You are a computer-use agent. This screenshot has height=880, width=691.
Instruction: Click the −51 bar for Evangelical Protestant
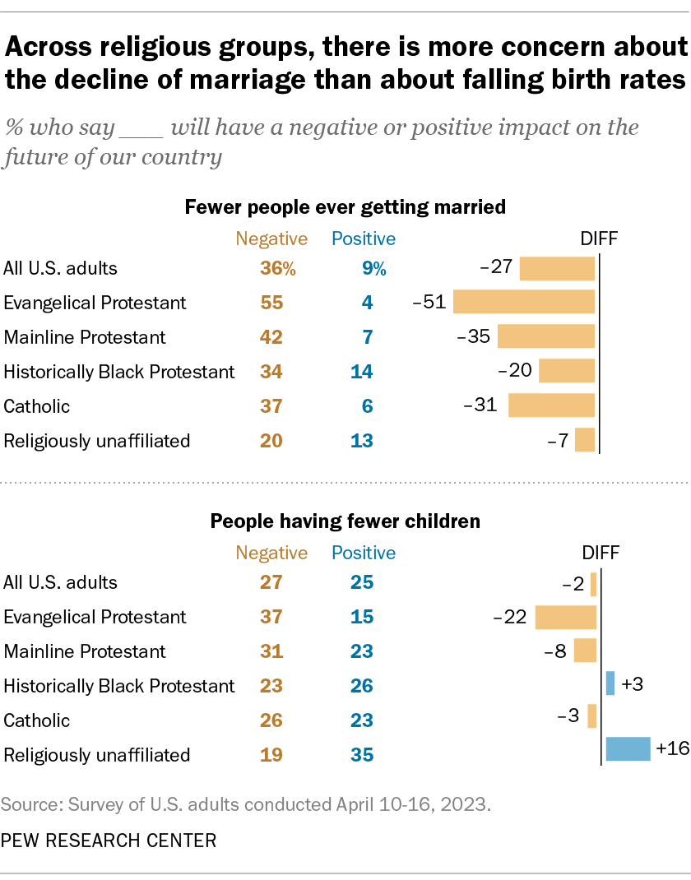click(x=523, y=302)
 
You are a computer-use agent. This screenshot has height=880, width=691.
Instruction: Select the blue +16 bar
click(x=628, y=748)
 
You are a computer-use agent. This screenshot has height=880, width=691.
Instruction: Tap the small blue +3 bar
click(x=610, y=683)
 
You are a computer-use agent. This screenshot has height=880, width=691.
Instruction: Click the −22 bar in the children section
click(x=565, y=617)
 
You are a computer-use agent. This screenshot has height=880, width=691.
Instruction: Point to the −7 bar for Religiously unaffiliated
click(x=584, y=440)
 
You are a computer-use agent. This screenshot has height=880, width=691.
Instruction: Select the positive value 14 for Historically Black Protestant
click(x=361, y=372)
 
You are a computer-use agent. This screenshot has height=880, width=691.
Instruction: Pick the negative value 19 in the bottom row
click(x=271, y=755)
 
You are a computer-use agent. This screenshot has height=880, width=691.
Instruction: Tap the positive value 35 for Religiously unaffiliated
click(x=361, y=755)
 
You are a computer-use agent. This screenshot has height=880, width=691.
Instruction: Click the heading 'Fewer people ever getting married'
click(x=345, y=207)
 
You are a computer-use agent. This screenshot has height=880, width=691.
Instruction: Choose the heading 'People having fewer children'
click(x=345, y=521)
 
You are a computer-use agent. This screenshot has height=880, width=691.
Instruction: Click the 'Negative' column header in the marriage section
click(x=271, y=239)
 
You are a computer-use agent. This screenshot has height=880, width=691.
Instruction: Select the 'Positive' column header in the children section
click(x=363, y=553)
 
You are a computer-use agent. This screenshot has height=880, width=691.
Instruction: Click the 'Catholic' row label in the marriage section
click(x=37, y=406)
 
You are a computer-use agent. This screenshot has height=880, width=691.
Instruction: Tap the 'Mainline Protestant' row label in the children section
click(x=84, y=651)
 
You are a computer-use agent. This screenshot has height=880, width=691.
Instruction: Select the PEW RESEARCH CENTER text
click(x=109, y=841)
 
